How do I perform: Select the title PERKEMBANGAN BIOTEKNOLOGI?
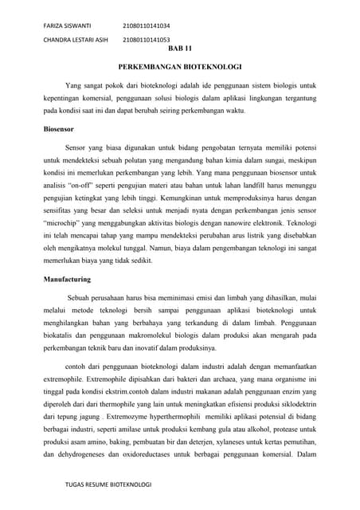pyautogui.click(x=179, y=69)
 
